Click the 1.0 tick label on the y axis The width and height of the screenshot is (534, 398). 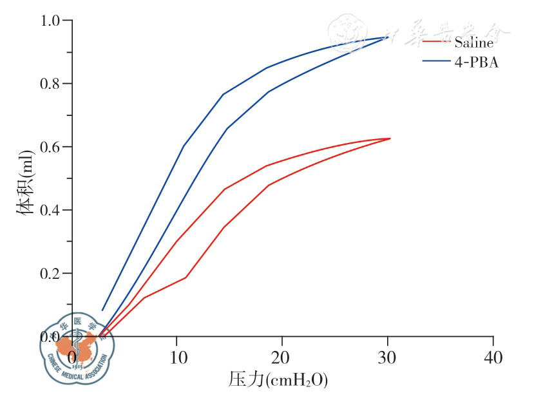52,21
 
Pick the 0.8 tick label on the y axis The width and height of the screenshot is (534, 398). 52,84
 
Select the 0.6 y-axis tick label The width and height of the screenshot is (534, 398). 52,147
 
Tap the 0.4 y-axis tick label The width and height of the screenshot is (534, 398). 52,210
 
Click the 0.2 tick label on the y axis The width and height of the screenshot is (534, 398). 52,273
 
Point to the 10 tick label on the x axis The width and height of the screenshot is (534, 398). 176,357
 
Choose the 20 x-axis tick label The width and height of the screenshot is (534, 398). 281,357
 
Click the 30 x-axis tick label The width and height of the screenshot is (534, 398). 388,357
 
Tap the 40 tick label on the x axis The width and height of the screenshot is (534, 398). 493,357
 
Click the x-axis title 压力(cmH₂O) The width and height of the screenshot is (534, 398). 278,381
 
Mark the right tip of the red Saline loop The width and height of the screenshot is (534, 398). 390,138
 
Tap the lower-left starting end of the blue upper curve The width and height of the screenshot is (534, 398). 102,310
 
